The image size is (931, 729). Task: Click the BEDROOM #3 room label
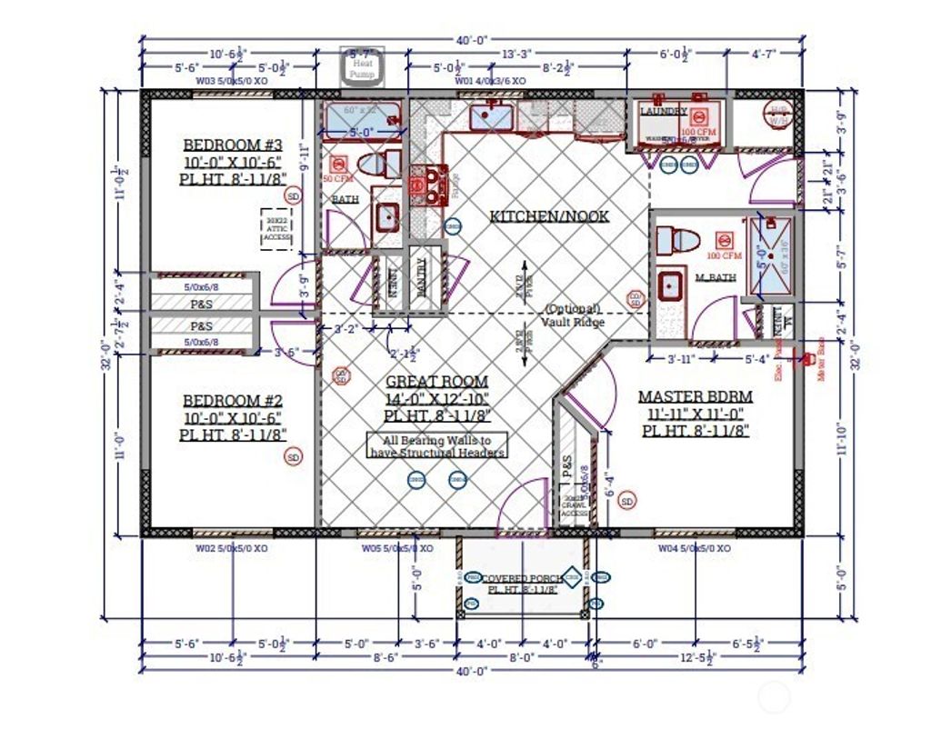click(234, 145)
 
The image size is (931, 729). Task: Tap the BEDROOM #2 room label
click(234, 401)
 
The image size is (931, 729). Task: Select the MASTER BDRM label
click(695, 397)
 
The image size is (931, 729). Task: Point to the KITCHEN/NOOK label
click(549, 216)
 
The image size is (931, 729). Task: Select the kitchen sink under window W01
click(492, 116)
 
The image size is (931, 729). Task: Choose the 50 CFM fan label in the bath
click(337, 179)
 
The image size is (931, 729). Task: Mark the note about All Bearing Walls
click(437, 444)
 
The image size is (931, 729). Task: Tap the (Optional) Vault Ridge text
click(572, 315)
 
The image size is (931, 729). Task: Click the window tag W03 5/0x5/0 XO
click(232, 81)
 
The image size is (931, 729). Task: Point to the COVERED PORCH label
click(521, 578)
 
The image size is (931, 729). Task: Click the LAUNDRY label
click(663, 111)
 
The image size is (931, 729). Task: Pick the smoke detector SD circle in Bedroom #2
click(293, 458)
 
